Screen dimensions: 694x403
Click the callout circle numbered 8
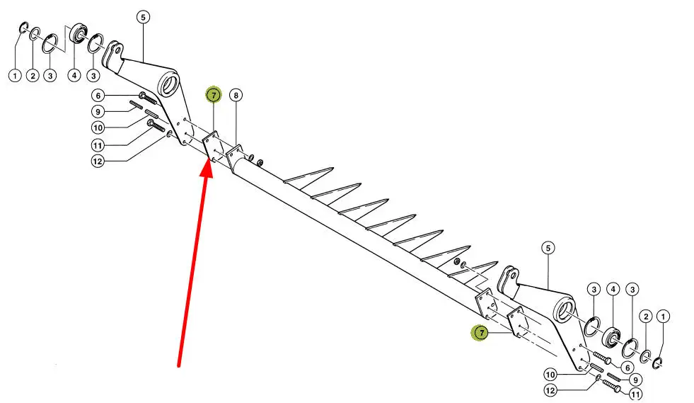pos(236,94)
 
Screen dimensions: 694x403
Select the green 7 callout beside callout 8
pos(213,94)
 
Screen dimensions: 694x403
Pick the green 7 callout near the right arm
pos(480,332)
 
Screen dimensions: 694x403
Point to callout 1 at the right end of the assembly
pos(663,315)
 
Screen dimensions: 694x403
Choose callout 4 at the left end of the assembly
pos(74,75)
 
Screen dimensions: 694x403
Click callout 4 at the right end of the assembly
pos(613,289)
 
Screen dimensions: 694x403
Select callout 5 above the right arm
pos(548,248)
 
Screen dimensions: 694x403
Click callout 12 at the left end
pos(99,161)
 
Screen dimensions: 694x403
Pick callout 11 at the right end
pos(635,394)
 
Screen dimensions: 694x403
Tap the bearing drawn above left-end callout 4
pos(77,34)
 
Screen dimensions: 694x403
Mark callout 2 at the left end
pos(33,75)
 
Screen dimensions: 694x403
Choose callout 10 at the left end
pos(99,127)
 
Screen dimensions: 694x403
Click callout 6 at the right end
pos(625,366)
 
